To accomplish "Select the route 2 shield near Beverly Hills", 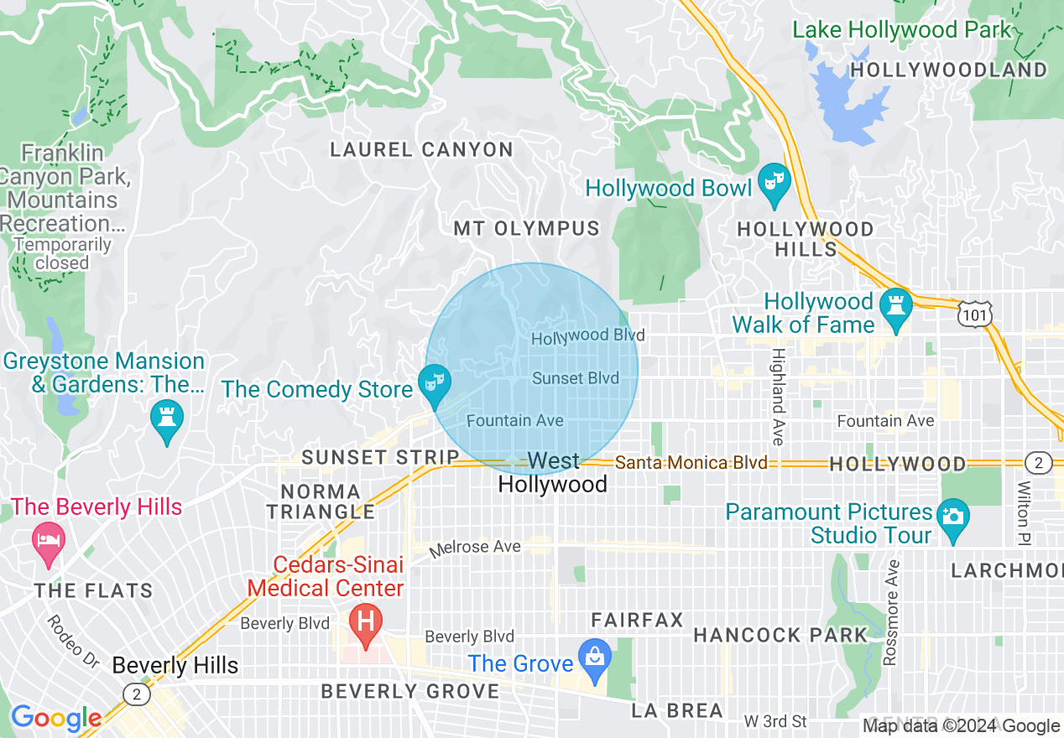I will pos(136,694).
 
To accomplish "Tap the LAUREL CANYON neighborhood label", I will pos(421,150).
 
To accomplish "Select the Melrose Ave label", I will pos(475,548).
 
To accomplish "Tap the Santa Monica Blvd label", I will pos(691,463).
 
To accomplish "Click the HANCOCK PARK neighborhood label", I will pos(780,635).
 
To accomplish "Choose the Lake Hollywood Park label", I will pos(902,30).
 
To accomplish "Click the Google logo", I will pos(56,719).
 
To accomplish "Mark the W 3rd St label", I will pos(775,721).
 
